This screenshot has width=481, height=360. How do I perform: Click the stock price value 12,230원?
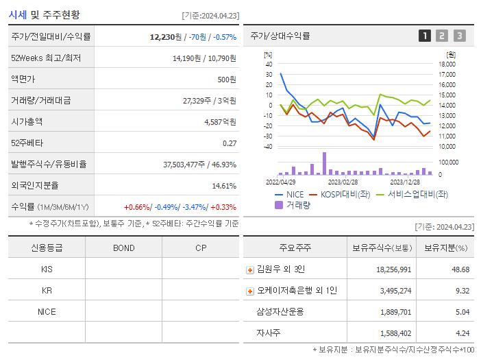click(x=166, y=37)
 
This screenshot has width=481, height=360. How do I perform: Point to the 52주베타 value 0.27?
click(x=229, y=143)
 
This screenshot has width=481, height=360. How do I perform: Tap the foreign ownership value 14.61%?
click(x=223, y=185)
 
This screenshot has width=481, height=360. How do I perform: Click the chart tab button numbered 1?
click(x=425, y=36)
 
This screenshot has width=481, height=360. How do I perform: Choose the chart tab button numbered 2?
click(x=442, y=36)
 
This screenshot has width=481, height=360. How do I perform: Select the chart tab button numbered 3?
click(x=459, y=36)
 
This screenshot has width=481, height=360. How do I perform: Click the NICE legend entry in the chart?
click(x=288, y=194)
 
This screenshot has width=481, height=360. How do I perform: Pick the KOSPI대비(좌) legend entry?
click(x=336, y=194)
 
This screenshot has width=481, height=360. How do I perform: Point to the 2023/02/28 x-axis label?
click(x=343, y=182)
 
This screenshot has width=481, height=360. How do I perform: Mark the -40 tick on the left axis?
click(x=268, y=146)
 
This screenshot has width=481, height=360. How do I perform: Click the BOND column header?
click(x=123, y=248)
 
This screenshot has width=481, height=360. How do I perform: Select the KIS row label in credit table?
click(x=47, y=269)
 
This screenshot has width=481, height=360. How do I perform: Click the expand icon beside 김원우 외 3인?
click(x=250, y=269)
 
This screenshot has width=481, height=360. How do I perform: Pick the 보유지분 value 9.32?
click(x=462, y=291)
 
